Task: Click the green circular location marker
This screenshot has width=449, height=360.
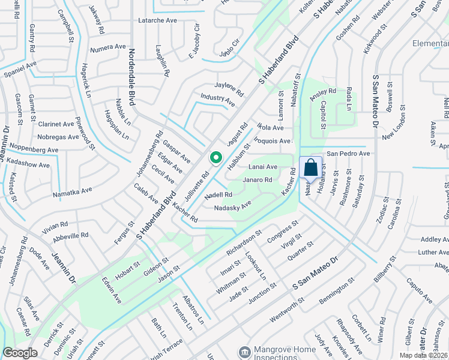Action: click(x=215, y=158)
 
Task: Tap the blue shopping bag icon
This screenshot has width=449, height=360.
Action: click(x=311, y=167)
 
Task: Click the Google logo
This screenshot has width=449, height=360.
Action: click(x=20, y=353)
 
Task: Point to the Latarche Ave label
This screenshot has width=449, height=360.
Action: click(x=158, y=20)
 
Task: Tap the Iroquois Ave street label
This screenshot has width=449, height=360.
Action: click(x=273, y=141)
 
